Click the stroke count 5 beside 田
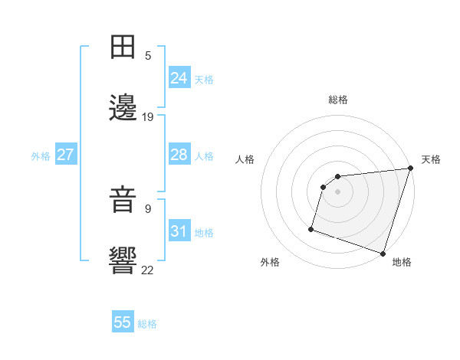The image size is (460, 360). pos(148,55)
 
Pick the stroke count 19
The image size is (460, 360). pos(148,117)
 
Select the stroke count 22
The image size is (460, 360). pos(148,269)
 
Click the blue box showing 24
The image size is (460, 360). pos(179,77)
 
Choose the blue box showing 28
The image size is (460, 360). pos(179,155)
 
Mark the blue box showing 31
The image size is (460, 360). pos(179,231)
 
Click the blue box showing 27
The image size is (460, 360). pos(65,155)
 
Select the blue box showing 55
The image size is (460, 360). pos(123,322)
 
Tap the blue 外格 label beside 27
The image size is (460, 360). pos(41,156)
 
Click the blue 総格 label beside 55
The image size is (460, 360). pos(147,324)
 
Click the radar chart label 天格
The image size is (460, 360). pos(431,159)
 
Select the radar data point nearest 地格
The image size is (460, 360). pos(383,253)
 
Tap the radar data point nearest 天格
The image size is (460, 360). pos(410,169)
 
